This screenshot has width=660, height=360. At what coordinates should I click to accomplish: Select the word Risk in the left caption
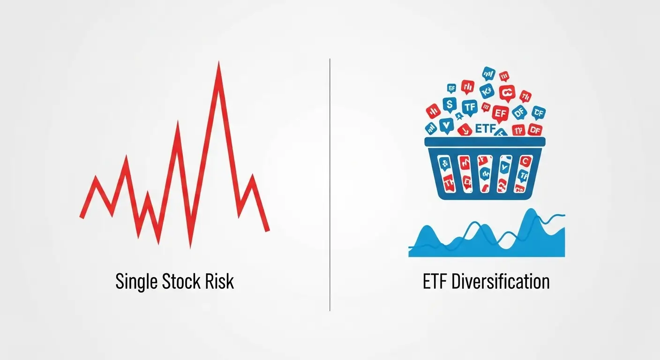218,282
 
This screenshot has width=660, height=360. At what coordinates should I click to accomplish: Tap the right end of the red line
268,230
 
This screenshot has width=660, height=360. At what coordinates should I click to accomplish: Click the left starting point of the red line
82,217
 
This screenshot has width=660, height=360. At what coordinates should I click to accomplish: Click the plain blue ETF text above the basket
486,128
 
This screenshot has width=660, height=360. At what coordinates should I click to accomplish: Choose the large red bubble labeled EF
500,113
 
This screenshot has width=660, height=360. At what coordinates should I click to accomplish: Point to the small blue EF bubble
452,87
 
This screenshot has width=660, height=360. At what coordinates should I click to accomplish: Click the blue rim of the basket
485,141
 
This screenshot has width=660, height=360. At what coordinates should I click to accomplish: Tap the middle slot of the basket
485,173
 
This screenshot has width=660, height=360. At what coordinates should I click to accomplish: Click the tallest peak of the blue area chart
531,211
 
